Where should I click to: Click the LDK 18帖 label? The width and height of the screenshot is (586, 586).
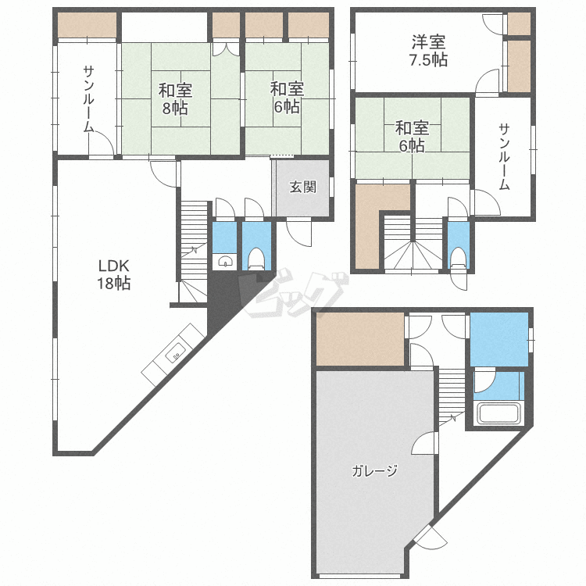(113, 273)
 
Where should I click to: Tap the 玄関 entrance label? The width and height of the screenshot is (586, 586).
(302, 188)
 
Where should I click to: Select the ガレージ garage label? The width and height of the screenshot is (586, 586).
(374, 470)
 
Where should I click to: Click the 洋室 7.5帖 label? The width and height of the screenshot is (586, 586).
(429, 51)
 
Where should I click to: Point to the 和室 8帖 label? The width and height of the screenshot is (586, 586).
(174, 98)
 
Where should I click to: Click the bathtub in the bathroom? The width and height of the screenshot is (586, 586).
(498, 414)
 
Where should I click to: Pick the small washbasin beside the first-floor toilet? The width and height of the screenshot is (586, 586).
(224, 262)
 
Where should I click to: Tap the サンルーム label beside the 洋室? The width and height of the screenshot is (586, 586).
(505, 157)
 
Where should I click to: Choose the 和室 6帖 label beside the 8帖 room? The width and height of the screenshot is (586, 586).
(286, 98)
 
